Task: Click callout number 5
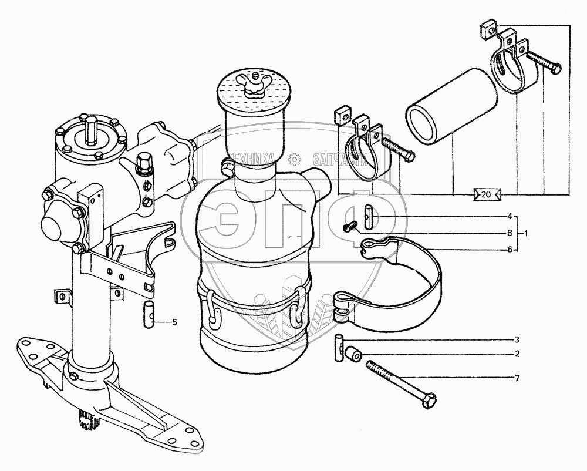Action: coord(174,322)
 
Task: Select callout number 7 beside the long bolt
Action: coord(517,378)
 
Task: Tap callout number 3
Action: coord(517,340)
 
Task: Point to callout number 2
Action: coord(517,354)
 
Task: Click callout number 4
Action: coord(510,216)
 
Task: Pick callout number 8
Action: coord(510,233)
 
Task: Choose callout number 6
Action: coord(510,249)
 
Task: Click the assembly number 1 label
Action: coord(527,233)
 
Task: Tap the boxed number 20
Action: coord(485,195)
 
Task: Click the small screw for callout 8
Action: coord(351,226)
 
